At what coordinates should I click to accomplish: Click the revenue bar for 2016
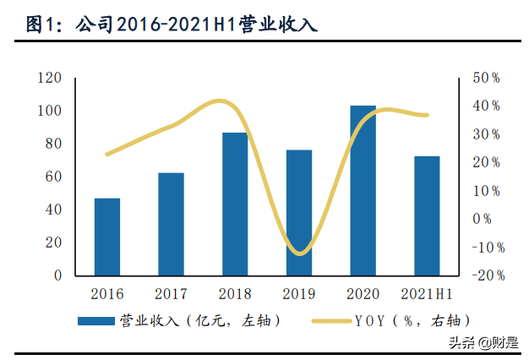pos(107,237)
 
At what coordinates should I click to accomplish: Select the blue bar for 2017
pos(171,224)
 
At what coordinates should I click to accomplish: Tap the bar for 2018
pos(235,204)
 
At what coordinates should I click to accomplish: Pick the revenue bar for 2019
pos(299,212)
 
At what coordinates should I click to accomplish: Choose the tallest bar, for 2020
pos(363,190)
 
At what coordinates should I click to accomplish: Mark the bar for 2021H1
pos(427,215)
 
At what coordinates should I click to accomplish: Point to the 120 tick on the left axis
pos(52,78)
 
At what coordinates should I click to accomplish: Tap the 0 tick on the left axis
pos(58,275)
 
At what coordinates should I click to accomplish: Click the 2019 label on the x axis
pos(299,294)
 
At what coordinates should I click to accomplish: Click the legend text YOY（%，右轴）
pos(412,321)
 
